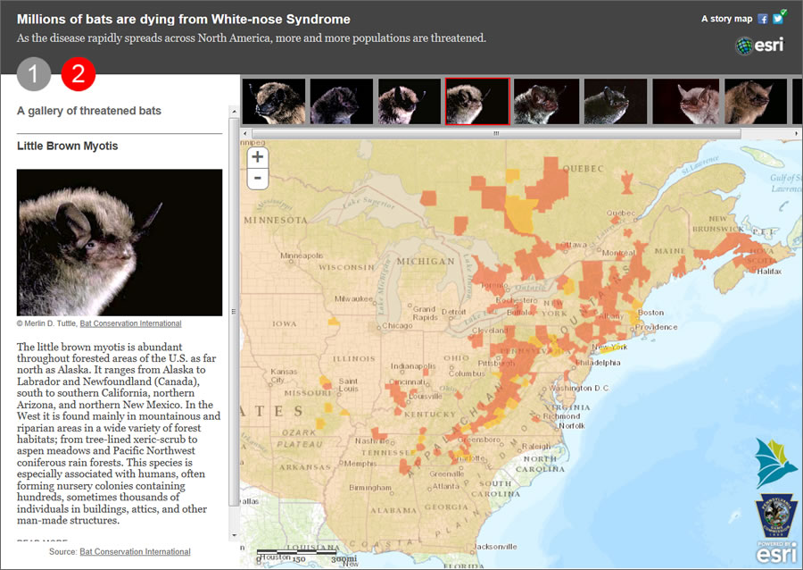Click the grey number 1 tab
[34, 75]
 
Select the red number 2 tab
[79, 75]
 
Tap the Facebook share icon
[763, 19]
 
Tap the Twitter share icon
[777, 19]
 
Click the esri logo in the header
[759, 46]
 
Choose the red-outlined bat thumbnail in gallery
[477, 101]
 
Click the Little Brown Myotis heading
[68, 147]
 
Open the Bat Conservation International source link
[135, 552]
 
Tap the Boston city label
[650, 313]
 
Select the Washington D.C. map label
[581, 389]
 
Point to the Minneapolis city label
[302, 255]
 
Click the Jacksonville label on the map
[498, 547]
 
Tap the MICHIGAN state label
[426, 262]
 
